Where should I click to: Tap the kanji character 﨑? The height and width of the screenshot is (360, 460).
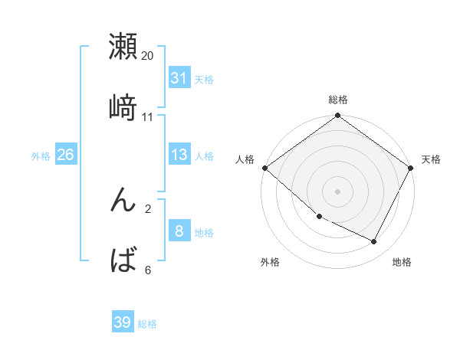[123, 107]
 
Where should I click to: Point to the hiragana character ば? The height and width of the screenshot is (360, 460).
[123, 260]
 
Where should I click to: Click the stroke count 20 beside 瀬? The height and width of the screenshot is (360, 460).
[147, 56]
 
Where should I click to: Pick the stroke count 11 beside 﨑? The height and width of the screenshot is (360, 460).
[147, 116]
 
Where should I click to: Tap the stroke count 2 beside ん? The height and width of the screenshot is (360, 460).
[147, 208]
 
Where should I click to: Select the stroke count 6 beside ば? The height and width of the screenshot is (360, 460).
[147, 269]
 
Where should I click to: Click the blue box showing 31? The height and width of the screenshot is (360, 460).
[179, 78]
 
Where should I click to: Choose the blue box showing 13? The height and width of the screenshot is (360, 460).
[179, 155]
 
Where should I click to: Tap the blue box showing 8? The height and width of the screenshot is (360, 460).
[179, 231]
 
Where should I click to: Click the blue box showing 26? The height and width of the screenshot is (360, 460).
[65, 155]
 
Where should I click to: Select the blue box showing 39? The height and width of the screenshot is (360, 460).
[123, 322]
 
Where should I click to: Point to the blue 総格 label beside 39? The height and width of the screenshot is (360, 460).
[147, 324]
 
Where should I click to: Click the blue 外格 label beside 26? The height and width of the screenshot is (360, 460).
[41, 156]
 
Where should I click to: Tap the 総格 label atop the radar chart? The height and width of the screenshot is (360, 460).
[338, 100]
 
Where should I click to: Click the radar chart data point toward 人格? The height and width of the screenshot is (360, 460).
[264, 168]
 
